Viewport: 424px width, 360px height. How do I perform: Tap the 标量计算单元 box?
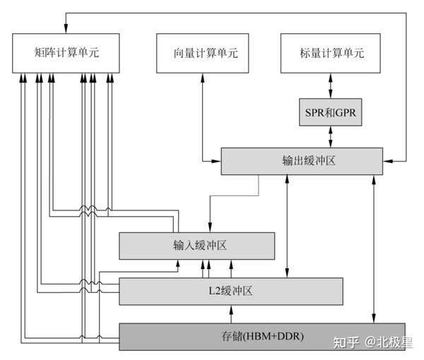(x=331, y=53)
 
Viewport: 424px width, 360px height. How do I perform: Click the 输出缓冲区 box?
(x=302, y=161)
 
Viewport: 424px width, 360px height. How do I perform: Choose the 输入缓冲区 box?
(x=196, y=246)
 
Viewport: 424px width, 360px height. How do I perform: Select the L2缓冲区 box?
(x=230, y=291)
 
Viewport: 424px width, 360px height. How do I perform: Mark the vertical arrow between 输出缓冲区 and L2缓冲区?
(x=288, y=226)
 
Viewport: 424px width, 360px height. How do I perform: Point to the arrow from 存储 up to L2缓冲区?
(x=235, y=313)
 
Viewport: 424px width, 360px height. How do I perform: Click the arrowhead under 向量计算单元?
(x=203, y=77)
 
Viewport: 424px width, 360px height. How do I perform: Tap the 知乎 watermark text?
(x=346, y=342)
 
